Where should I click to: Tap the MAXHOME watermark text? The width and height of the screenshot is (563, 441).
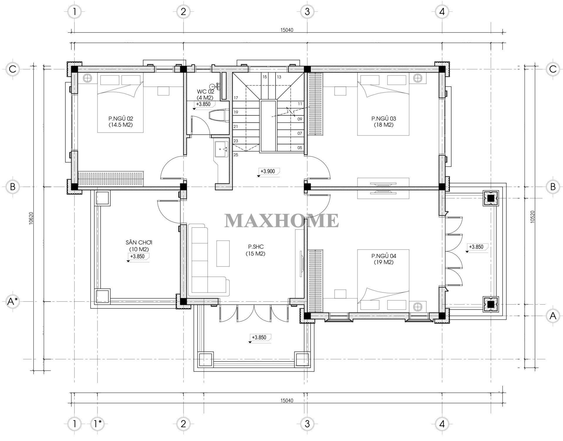(281, 221)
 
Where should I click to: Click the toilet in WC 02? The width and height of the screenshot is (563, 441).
(219, 115)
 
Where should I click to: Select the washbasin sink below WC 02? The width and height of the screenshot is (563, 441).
(221, 149)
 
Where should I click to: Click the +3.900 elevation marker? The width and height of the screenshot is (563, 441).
(267, 171)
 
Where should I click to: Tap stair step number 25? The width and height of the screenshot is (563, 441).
(236, 155)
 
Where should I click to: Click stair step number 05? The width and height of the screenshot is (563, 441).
(299, 148)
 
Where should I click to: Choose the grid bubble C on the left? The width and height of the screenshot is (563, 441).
(12, 69)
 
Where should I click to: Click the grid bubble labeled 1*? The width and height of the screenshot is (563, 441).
(97, 424)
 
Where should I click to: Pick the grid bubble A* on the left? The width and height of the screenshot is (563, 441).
(12, 301)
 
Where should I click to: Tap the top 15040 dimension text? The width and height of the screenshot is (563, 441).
(286, 30)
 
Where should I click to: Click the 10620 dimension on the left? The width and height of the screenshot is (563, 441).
(31, 218)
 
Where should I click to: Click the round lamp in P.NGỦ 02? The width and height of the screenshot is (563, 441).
(87, 78)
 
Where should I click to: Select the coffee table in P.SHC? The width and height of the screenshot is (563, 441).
(223, 253)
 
